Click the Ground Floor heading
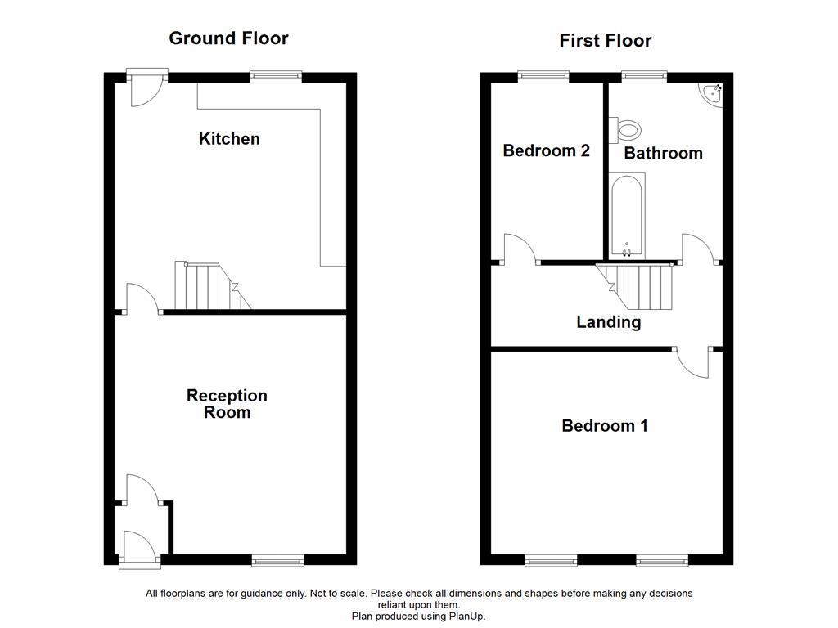(228, 38)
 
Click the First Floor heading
(606, 41)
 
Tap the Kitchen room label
(229, 139)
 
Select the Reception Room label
(227, 404)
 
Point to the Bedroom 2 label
(546, 150)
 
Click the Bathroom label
(663, 153)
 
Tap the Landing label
(608, 322)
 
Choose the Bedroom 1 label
(605, 426)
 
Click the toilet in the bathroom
(626, 128)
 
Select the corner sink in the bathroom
(712, 94)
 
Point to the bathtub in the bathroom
(628, 214)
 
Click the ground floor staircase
(209, 286)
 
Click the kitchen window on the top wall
(276, 77)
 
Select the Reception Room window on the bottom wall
(277, 560)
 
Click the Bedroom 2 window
(543, 77)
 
